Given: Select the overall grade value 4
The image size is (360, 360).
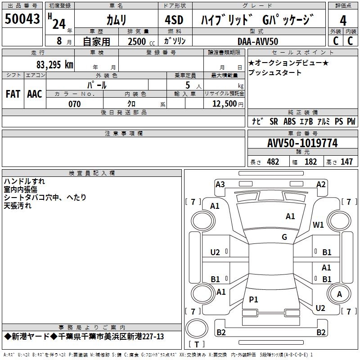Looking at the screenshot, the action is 343,20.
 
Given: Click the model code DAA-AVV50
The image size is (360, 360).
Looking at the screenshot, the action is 258,41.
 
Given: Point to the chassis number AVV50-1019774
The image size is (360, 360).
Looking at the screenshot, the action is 302,144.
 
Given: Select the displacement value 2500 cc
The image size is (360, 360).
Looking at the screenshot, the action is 137,41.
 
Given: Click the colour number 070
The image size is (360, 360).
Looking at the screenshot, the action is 74,104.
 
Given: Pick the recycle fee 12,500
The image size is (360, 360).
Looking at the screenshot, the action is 224,104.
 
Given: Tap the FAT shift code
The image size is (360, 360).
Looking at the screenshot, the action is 13,94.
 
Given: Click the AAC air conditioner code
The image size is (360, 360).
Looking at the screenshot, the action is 35,94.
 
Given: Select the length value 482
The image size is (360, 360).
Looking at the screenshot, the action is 273,162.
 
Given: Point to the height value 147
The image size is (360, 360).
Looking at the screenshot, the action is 346,162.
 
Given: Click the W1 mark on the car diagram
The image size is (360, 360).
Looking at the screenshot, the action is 319,225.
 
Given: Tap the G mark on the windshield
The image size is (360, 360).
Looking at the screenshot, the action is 284,237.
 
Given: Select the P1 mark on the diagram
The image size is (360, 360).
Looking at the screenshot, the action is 254,300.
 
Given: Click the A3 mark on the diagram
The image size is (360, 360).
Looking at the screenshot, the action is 220,184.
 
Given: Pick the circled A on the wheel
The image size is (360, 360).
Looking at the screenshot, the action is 339,294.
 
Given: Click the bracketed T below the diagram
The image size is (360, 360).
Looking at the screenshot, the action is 197,344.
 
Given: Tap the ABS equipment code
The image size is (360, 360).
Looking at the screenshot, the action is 289,121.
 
